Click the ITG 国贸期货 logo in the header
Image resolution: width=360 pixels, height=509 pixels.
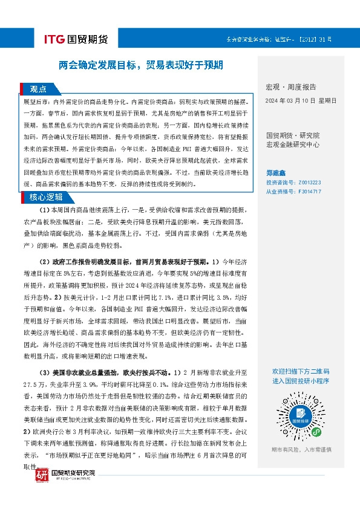click(x=76, y=40)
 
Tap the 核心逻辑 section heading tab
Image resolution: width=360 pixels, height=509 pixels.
click(x=46, y=196)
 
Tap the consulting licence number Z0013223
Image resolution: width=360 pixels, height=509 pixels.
click(x=308, y=182)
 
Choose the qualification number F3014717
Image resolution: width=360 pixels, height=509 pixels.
click(x=308, y=192)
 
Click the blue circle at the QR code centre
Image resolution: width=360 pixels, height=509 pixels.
click(x=301, y=416)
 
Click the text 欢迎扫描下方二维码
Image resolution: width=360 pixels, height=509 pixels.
click(x=301, y=371)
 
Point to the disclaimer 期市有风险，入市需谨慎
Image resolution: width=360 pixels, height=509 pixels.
click(x=301, y=450)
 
